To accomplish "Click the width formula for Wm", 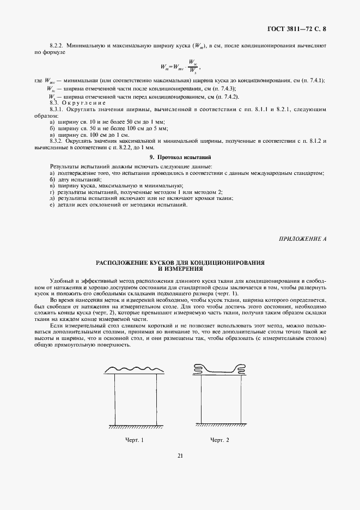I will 180,66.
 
